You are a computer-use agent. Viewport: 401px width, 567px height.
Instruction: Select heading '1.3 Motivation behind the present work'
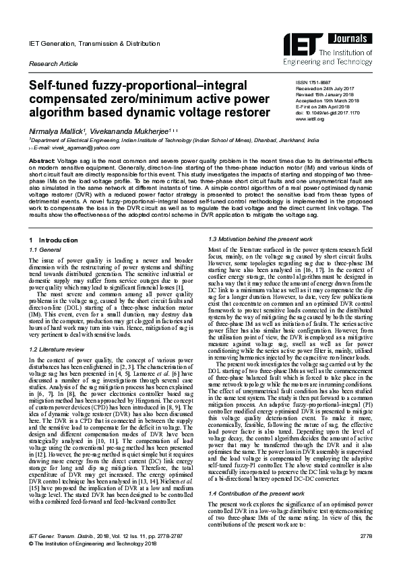[x=255, y=221]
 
